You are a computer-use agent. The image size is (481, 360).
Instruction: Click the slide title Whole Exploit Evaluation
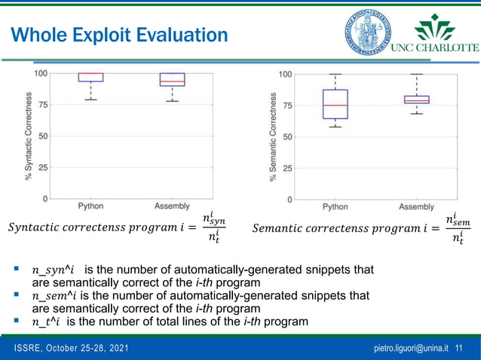click(120, 35)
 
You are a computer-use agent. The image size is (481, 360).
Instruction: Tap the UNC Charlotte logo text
click(434, 47)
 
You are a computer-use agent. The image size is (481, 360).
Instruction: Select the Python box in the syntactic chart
click(91, 77)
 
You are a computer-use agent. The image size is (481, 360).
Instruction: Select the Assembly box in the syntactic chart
click(172, 79)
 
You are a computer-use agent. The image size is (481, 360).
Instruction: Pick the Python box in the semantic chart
click(335, 104)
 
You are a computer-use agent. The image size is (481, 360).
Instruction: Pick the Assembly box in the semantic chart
click(416, 99)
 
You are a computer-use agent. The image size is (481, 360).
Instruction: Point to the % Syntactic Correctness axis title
click(29, 136)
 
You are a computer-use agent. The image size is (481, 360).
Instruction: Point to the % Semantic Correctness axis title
click(273, 136)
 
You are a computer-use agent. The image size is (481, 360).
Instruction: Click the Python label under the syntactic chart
click(91, 206)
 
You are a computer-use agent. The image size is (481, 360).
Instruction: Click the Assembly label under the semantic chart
click(416, 206)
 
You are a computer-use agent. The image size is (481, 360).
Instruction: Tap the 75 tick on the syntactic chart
click(43, 105)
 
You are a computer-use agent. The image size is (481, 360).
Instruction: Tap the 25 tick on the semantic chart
click(287, 168)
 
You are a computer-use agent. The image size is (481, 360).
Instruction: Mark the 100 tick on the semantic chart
click(286, 74)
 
